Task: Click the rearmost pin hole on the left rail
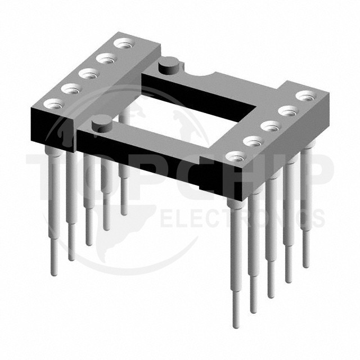point(125,43)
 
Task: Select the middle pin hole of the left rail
point(89,74)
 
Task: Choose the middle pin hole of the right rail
point(272,126)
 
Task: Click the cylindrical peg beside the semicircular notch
point(169,65)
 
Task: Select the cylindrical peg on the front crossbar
point(101,124)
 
